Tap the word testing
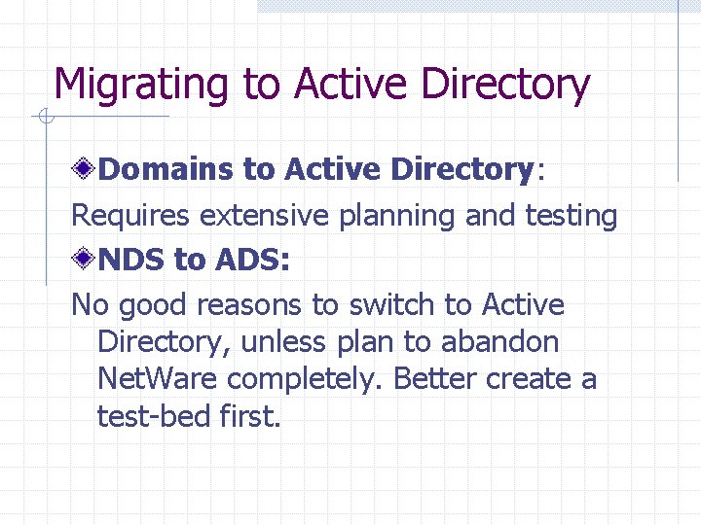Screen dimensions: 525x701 (572, 215)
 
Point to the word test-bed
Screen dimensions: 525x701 (154, 416)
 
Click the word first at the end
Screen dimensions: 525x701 (249, 416)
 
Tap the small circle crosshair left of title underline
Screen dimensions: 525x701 (45, 118)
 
